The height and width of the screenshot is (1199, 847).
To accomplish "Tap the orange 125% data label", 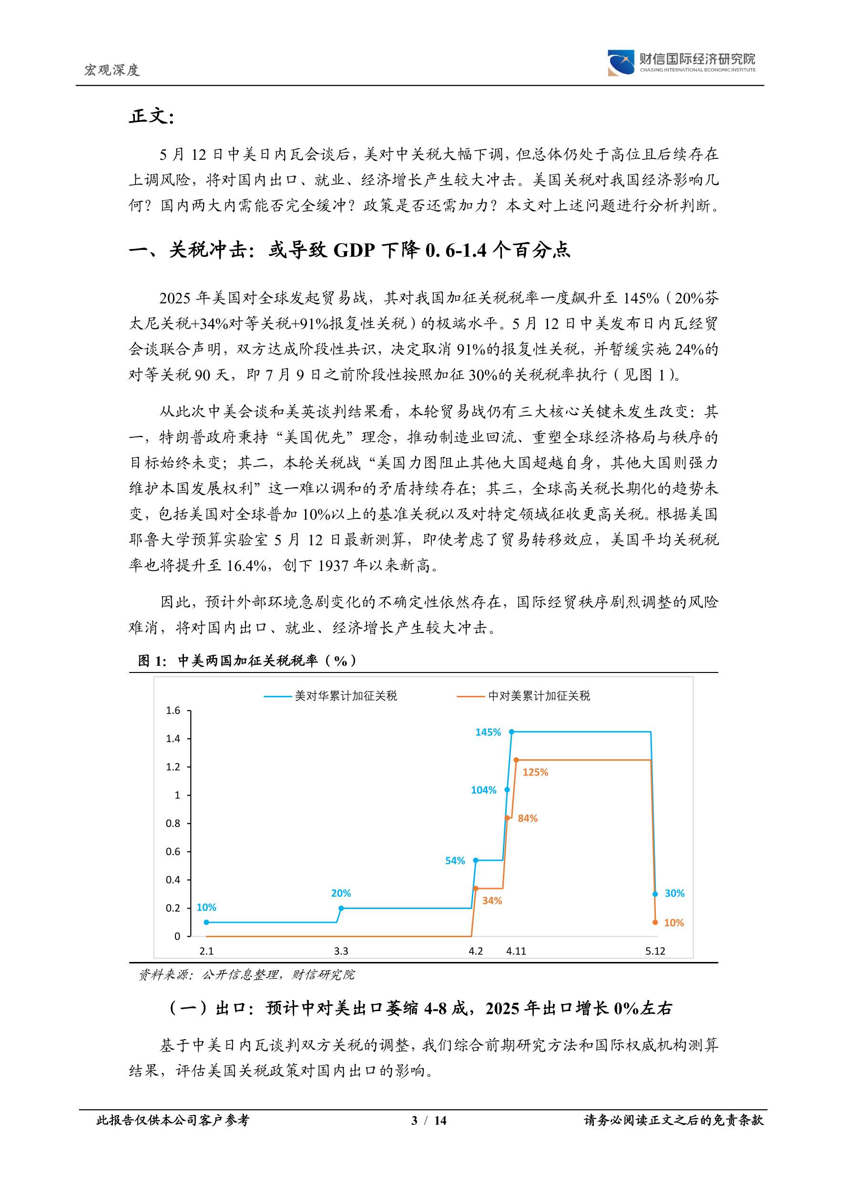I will (535, 772).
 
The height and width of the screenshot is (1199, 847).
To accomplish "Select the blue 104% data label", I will (483, 790).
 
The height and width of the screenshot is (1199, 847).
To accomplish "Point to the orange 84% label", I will (527, 818).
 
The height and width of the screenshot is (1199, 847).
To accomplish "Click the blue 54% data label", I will (455, 860).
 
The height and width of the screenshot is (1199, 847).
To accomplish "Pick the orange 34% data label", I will (491, 900).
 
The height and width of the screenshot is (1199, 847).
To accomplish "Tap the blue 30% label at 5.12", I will (674, 893).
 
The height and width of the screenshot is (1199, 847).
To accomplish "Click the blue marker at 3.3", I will (341, 908).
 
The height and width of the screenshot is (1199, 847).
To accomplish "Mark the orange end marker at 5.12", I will (655, 922).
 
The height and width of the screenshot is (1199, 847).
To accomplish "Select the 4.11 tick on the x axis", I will (516, 951).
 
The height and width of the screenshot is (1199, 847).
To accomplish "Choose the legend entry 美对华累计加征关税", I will (346, 695).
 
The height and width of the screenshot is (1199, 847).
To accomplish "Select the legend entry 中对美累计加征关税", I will (539, 695).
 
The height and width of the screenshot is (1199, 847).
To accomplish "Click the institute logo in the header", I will (621, 62).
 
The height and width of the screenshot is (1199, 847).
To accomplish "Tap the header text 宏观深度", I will (112, 70).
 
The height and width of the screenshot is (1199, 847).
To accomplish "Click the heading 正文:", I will (151, 116).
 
